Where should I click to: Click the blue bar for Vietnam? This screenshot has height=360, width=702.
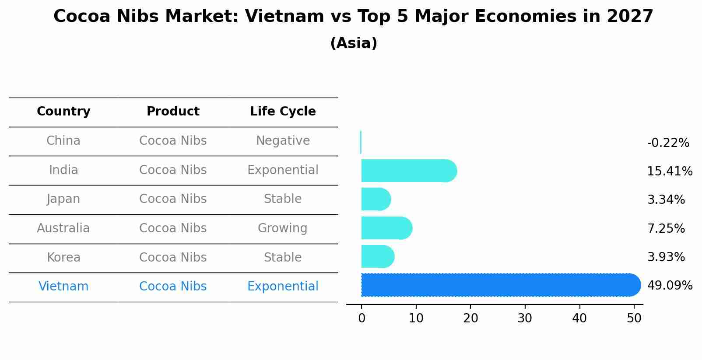click(x=499, y=285)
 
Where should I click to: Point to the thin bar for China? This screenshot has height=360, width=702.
click(x=361, y=142)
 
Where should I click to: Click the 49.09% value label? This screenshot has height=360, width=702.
click(x=670, y=286)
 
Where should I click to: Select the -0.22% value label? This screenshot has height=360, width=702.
click(x=668, y=143)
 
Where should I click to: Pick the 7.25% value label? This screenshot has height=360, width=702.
click(x=666, y=228)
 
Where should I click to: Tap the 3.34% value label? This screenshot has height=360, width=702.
click(x=666, y=200)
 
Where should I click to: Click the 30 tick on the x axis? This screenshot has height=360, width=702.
click(x=525, y=318)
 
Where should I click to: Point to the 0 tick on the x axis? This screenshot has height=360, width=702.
click(x=362, y=318)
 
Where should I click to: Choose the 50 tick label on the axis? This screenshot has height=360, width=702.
click(x=634, y=318)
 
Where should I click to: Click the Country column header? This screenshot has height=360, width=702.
click(x=63, y=112)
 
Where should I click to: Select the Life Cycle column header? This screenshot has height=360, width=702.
click(x=283, y=112)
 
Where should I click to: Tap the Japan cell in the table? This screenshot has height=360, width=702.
click(x=63, y=199)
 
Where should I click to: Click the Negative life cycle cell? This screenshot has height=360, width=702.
click(x=283, y=141)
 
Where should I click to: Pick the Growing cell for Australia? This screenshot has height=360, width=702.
click(x=283, y=228)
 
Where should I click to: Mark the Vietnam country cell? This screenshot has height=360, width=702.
click(x=63, y=287)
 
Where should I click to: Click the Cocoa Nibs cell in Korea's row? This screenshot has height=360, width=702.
click(x=173, y=257)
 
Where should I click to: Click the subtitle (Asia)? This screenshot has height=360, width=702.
click(x=354, y=43)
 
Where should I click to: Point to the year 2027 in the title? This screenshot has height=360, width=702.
click(x=630, y=17)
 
